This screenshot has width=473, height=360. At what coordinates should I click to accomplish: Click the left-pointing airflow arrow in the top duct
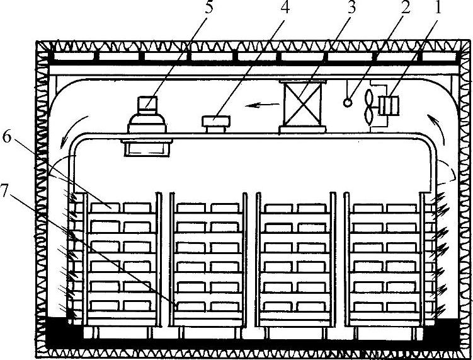255,105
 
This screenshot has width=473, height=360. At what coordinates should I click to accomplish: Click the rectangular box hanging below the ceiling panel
146,147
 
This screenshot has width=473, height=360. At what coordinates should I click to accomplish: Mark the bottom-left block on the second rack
191,307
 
